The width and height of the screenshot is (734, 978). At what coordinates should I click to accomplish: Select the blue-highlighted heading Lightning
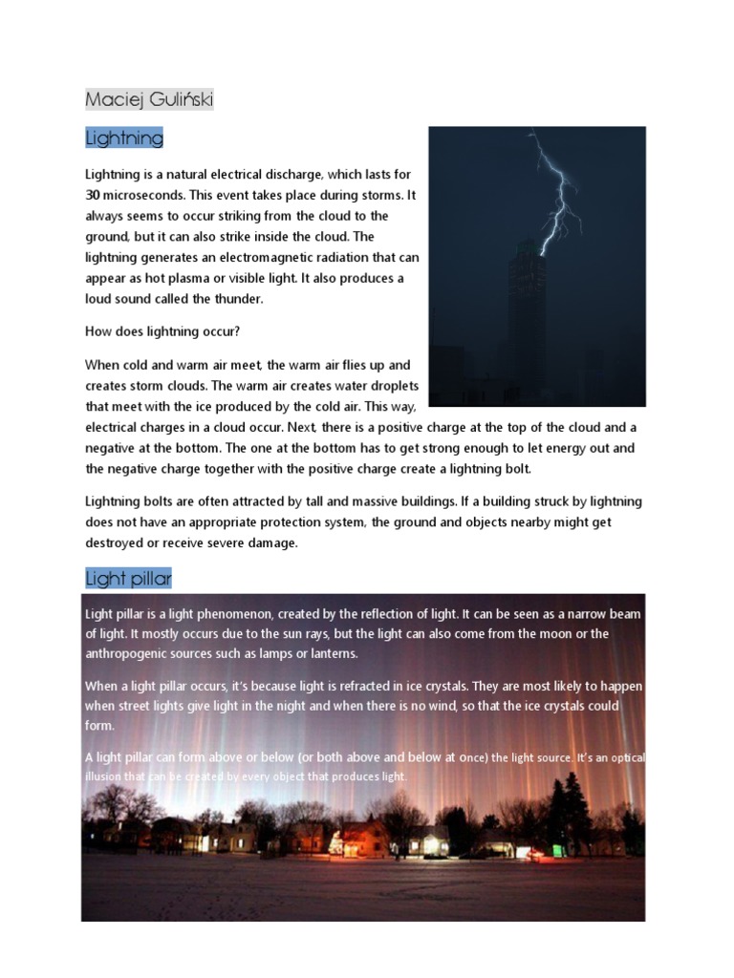[x=124, y=138]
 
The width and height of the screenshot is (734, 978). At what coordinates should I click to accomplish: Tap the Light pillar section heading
[x=129, y=579]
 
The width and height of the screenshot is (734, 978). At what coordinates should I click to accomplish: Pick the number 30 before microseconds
[x=95, y=195]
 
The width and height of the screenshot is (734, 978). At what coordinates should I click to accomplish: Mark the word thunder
[x=239, y=299]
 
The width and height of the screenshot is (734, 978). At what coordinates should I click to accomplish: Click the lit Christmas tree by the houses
[x=335, y=840]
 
